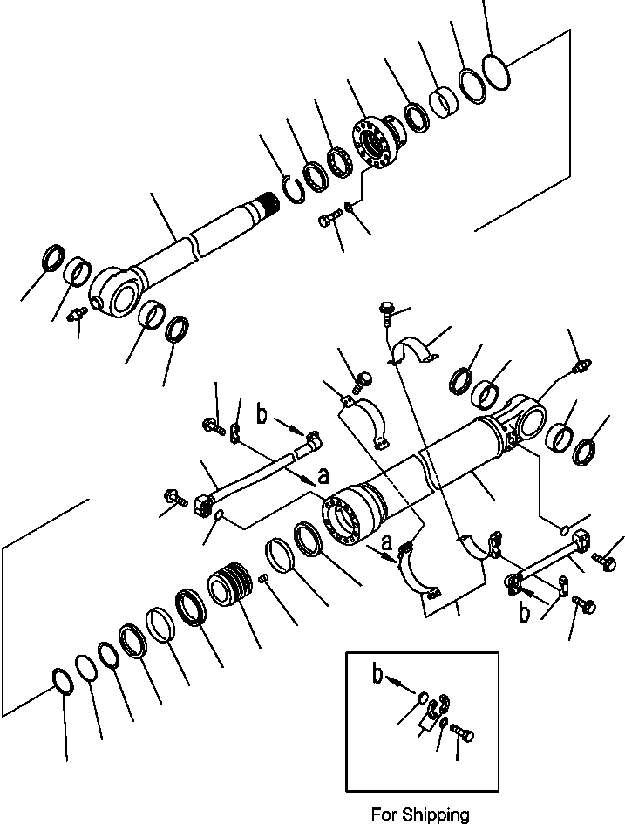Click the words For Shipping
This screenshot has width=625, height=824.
click(419, 815)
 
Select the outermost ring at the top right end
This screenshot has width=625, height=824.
click(494, 72)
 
